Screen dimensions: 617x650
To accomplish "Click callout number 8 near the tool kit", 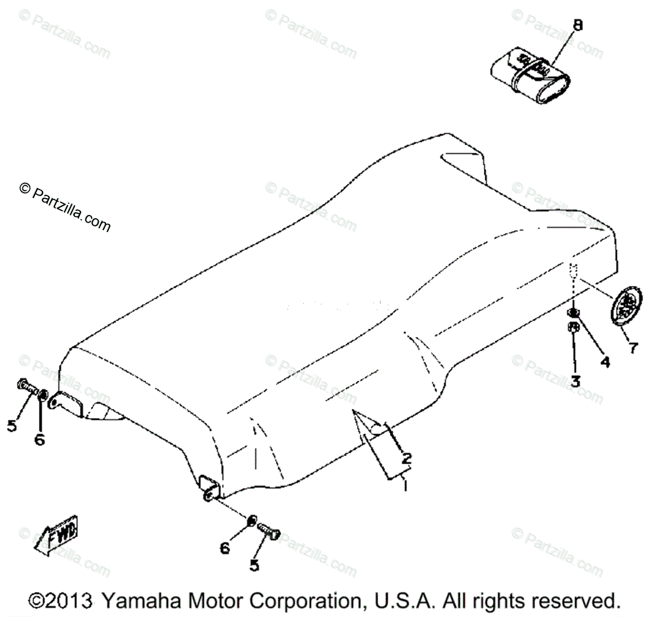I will [x=578, y=25].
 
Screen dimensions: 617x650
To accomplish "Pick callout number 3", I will [x=575, y=380].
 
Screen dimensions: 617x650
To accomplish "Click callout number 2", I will [x=406, y=458].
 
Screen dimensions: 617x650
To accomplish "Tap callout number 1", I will [x=404, y=485].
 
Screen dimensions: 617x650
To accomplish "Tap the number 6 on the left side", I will [x=40, y=439].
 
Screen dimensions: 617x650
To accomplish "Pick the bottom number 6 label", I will [x=225, y=548].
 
